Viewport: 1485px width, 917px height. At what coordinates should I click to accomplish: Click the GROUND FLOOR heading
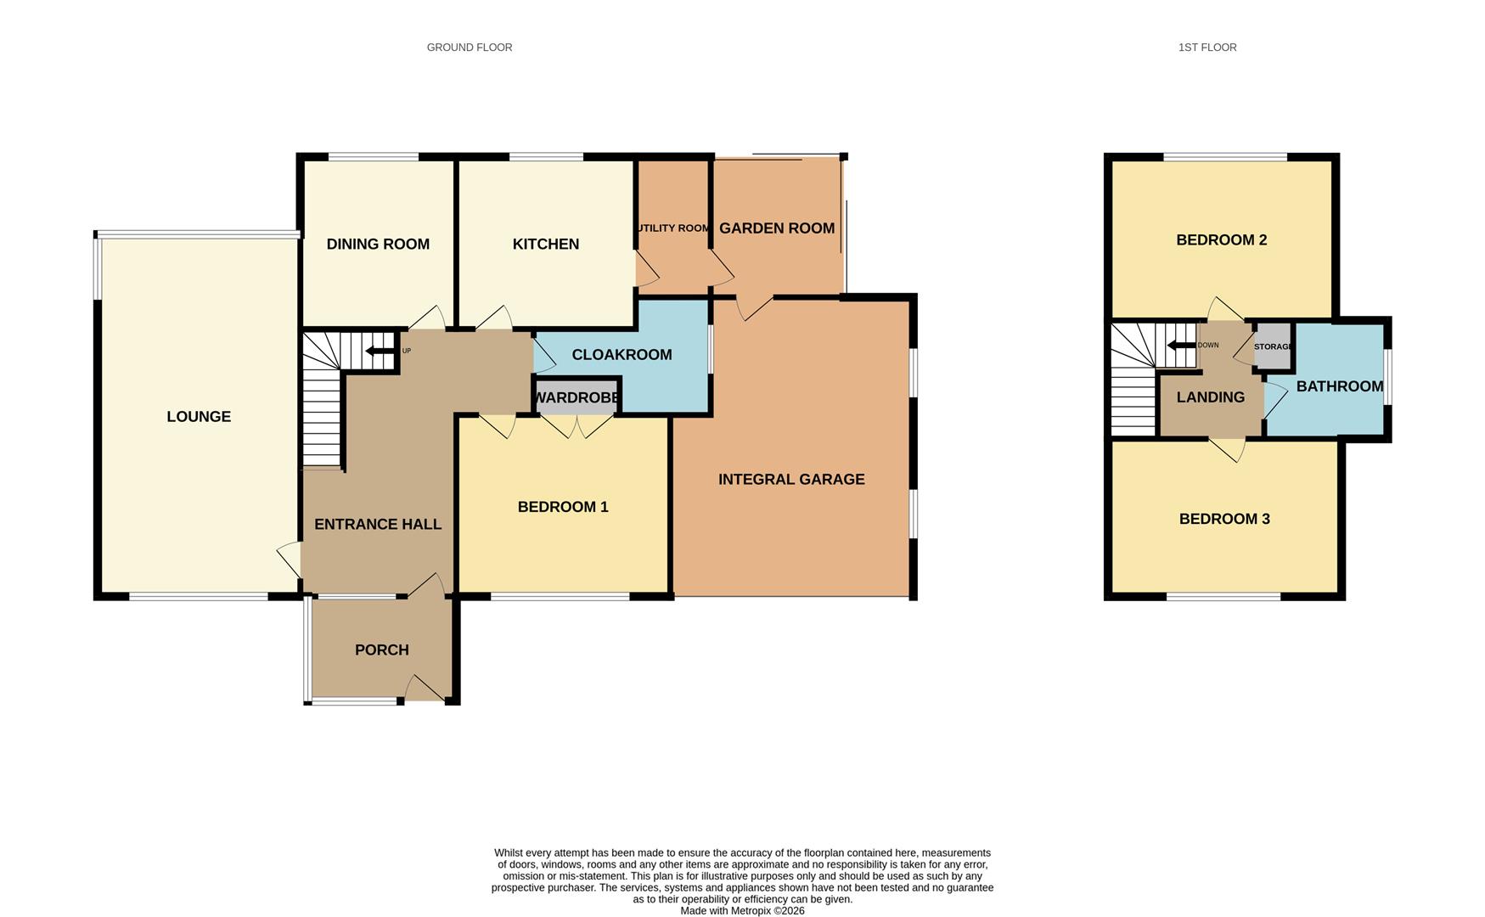tap(469, 48)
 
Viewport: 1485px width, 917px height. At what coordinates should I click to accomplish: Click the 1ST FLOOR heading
tap(1207, 48)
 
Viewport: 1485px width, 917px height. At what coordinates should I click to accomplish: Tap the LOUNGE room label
tap(199, 416)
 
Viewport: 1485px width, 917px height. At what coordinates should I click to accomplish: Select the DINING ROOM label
tap(378, 244)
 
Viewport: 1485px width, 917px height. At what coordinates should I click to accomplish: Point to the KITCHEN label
tap(545, 244)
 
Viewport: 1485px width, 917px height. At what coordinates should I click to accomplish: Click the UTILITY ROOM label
tap(672, 228)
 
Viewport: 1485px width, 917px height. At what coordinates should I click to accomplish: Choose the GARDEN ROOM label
tap(776, 228)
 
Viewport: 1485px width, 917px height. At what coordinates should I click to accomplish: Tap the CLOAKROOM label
tap(622, 354)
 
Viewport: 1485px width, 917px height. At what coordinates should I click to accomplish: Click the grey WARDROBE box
tap(577, 397)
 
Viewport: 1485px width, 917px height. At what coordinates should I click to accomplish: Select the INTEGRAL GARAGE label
tap(791, 479)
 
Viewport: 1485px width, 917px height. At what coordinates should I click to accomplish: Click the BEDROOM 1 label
tap(562, 507)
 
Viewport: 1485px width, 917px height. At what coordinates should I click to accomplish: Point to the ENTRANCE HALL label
tap(378, 524)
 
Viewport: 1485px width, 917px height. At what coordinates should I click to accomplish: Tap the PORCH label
tap(381, 650)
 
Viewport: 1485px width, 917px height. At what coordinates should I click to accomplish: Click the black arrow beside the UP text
tap(380, 351)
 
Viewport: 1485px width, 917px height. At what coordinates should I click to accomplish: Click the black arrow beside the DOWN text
tap(1180, 345)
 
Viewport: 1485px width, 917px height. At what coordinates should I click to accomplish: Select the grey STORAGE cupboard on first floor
tap(1272, 346)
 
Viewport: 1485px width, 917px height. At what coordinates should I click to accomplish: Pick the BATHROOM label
tap(1339, 386)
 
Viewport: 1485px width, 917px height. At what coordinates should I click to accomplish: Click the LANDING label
tap(1210, 397)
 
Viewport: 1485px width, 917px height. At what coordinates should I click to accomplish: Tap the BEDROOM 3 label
tap(1223, 519)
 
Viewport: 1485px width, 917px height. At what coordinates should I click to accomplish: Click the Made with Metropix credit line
tap(742, 910)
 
